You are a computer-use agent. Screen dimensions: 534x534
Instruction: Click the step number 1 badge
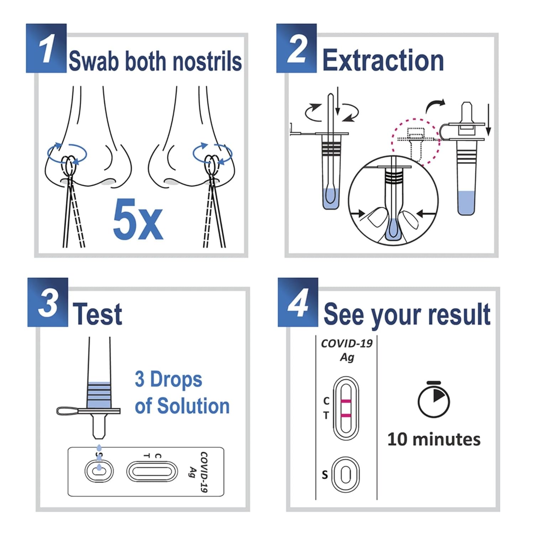(x=46, y=48)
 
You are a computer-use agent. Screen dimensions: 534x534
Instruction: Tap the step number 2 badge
(x=297, y=48)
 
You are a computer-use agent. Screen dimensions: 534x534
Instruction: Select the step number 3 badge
(x=48, y=302)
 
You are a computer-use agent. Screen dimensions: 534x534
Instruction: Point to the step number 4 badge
(x=298, y=302)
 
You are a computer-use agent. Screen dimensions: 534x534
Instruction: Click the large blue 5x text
(x=138, y=220)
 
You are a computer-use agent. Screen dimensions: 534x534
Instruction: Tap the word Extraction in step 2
(x=383, y=61)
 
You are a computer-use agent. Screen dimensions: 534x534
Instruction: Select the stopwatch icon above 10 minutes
(x=433, y=400)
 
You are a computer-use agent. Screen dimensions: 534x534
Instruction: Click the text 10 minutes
(x=434, y=439)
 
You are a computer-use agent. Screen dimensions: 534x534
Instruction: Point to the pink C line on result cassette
(x=346, y=402)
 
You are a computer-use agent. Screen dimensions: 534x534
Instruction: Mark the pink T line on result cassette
(x=346, y=415)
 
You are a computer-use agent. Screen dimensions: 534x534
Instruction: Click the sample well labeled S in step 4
(x=345, y=475)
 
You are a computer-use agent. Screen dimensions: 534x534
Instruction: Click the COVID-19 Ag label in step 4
(x=346, y=350)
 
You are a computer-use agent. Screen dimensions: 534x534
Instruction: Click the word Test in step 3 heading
(x=97, y=314)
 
